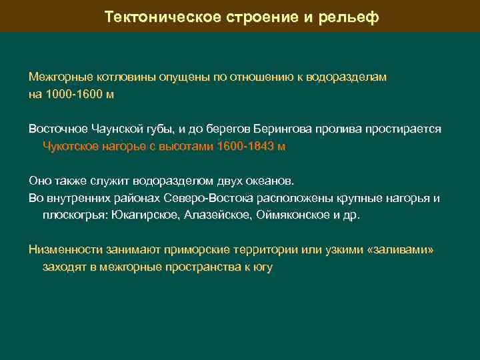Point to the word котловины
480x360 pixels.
coord(107,77)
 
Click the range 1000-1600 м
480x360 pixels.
coord(80,94)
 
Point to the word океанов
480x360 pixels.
coord(270,181)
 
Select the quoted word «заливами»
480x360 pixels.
coord(401,250)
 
